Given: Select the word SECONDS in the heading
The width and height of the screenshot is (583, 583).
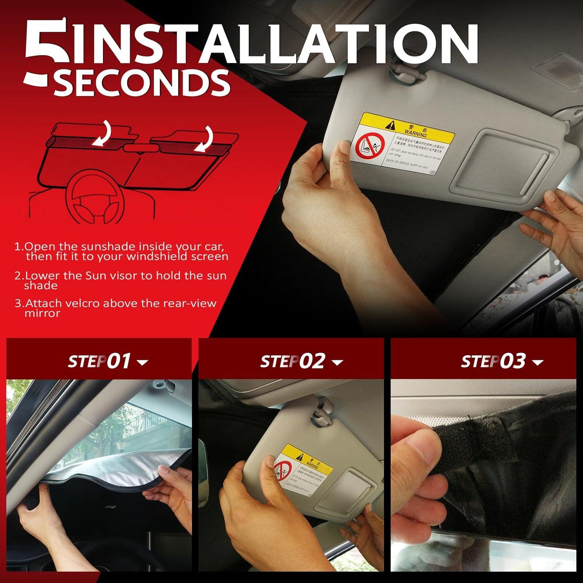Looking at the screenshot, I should pos(142,82).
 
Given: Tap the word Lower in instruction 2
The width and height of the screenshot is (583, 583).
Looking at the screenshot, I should pos(42,276).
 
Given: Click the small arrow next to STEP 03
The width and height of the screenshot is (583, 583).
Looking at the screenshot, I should pos(538,363).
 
